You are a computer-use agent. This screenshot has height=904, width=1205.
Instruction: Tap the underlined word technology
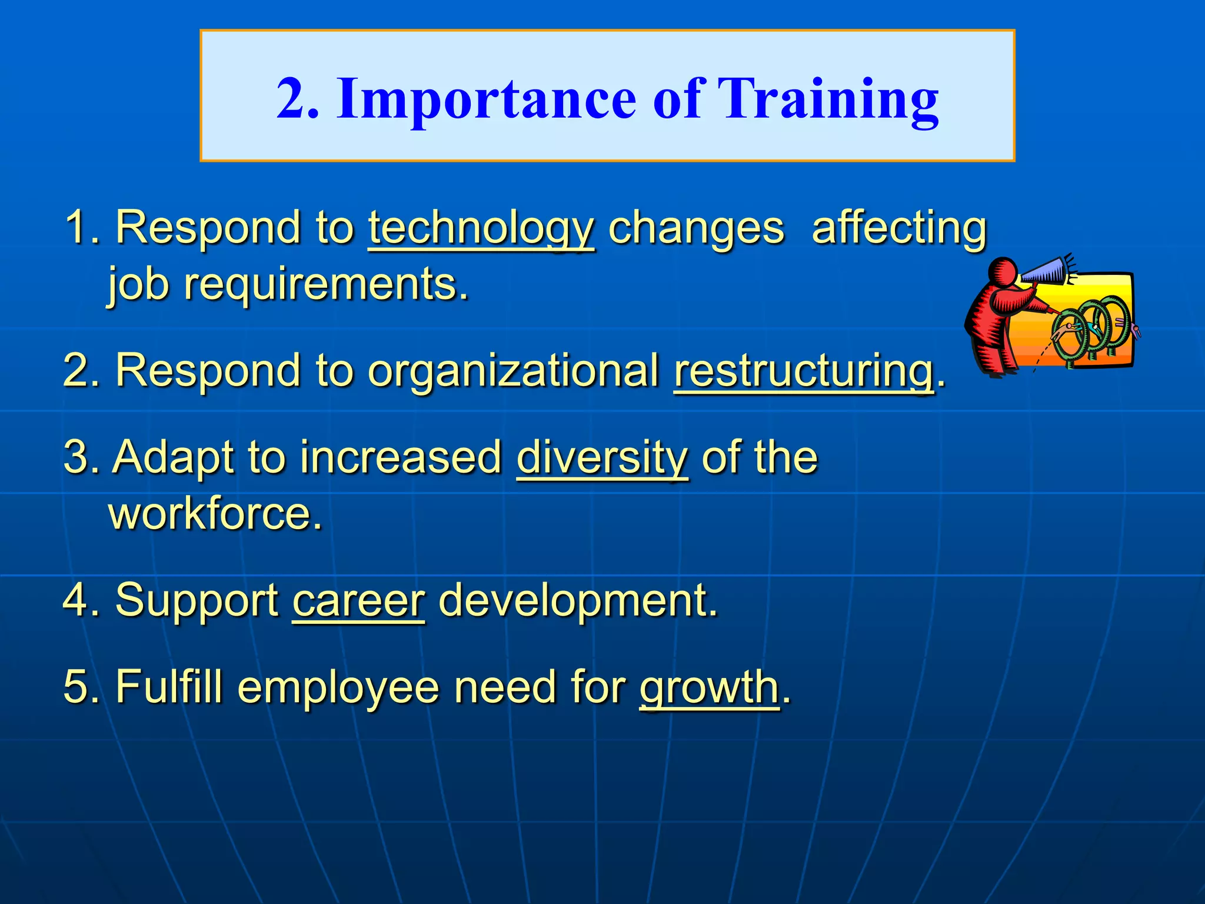[x=481, y=228]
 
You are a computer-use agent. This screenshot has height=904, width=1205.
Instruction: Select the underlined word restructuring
[x=804, y=371]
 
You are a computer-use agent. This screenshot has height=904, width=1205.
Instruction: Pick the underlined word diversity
[x=602, y=457]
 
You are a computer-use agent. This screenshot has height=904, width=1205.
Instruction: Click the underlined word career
[x=358, y=600]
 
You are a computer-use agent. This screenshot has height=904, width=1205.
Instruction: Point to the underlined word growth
[x=709, y=687]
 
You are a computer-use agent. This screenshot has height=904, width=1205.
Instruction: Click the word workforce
[x=215, y=513]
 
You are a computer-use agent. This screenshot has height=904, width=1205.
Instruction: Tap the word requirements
[x=325, y=285]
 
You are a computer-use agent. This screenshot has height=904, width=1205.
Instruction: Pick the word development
[x=578, y=600]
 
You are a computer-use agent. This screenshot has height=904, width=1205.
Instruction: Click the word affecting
[x=898, y=228]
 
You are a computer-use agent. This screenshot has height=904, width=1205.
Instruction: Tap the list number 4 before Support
[x=76, y=600]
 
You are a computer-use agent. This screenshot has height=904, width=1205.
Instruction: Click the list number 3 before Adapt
[x=76, y=457]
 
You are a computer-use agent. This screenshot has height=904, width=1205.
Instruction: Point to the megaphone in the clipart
[x=1046, y=270]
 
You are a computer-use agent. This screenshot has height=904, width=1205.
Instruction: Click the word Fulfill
[x=169, y=687]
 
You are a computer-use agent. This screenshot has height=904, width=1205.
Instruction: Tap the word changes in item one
[x=695, y=228]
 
